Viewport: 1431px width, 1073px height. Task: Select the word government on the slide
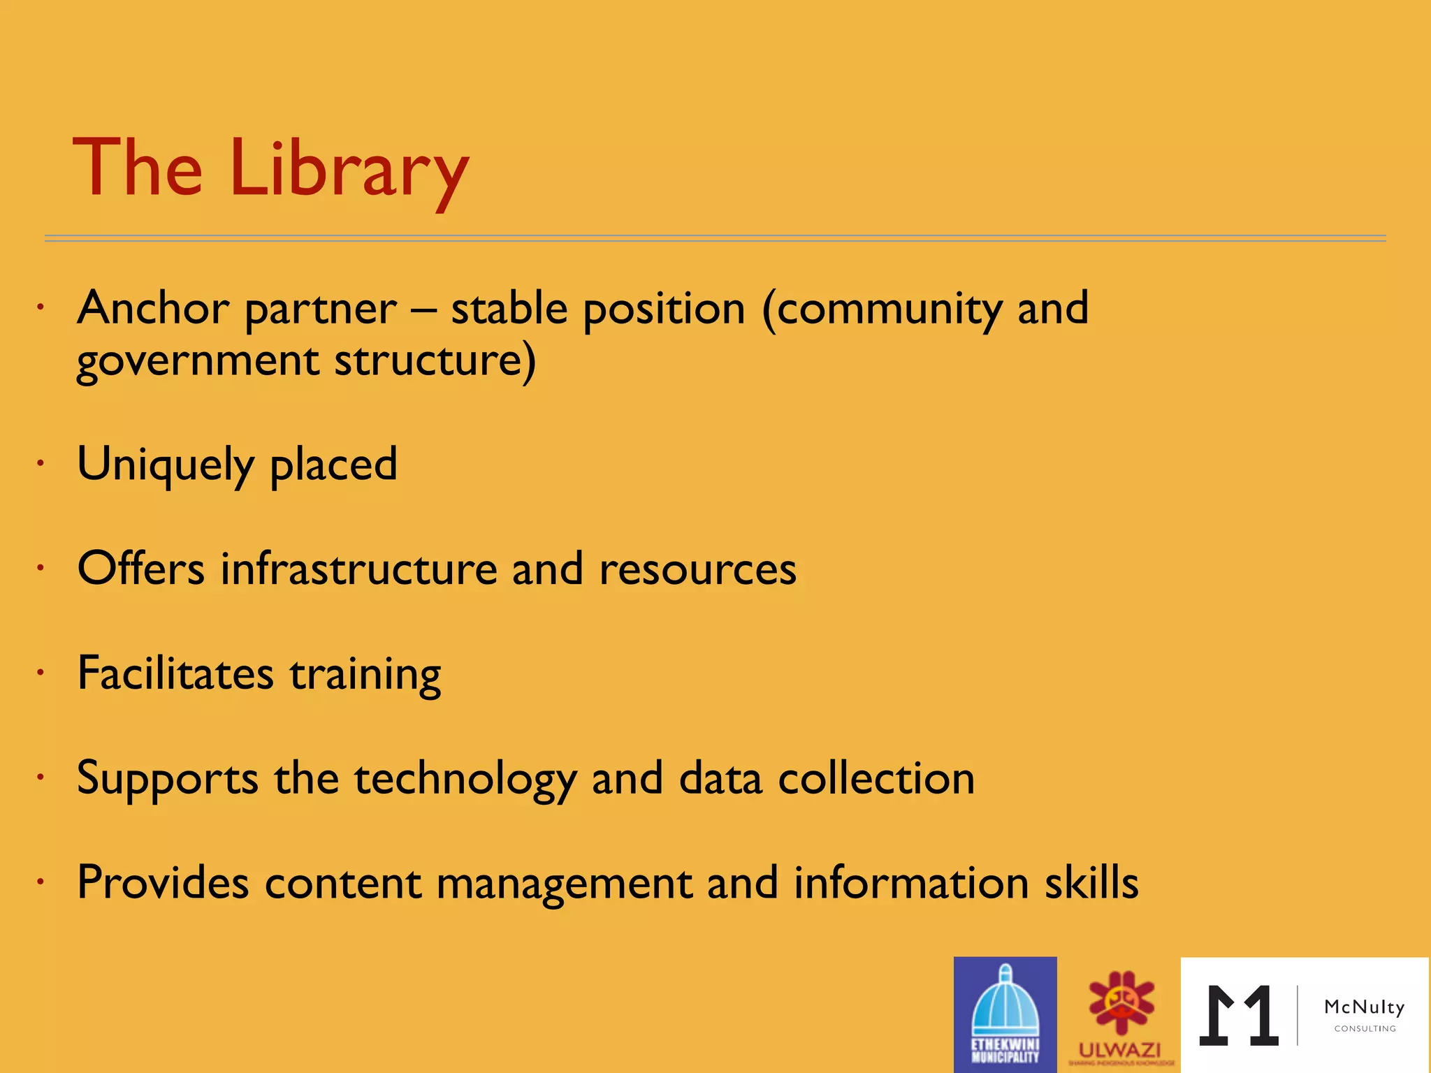198,362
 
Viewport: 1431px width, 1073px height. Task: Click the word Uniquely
166,465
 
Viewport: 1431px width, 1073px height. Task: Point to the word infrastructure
358,569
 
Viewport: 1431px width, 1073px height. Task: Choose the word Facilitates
175,673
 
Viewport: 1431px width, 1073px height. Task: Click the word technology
465,780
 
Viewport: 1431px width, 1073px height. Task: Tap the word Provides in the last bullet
163,882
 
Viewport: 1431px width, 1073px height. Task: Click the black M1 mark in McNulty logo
1239,1016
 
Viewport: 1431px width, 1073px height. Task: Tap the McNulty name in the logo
1364,1007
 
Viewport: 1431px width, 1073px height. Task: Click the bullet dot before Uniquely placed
41,463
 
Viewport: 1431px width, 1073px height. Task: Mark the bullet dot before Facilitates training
41,673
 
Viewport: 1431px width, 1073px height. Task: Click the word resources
697,569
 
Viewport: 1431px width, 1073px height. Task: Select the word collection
876,778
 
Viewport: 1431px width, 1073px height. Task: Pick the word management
563,884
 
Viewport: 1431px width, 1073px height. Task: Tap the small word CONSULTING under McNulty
1365,1029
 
